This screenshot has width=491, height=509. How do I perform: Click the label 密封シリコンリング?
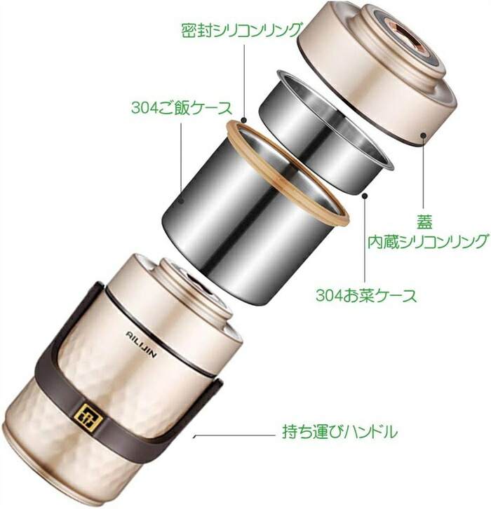tap(241, 30)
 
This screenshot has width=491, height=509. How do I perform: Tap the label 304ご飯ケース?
tap(182, 108)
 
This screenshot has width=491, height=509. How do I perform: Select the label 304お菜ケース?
tap(366, 295)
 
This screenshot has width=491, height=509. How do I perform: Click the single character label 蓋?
tap(424, 223)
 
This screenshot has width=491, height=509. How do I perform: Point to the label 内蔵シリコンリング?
tap(428, 241)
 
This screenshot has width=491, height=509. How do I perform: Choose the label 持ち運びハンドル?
tap(339, 432)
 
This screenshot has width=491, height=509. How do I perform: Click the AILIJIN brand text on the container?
tap(141, 344)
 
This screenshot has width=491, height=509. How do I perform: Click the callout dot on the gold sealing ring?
tap(244, 119)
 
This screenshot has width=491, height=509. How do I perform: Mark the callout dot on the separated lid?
tap(423, 135)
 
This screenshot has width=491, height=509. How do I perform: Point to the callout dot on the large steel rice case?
tap(182, 201)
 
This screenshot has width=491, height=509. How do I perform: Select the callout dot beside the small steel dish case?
tap(365, 196)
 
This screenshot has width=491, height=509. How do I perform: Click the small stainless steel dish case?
tap(325, 130)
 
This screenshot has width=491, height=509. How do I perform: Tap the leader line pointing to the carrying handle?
tap(234, 435)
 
